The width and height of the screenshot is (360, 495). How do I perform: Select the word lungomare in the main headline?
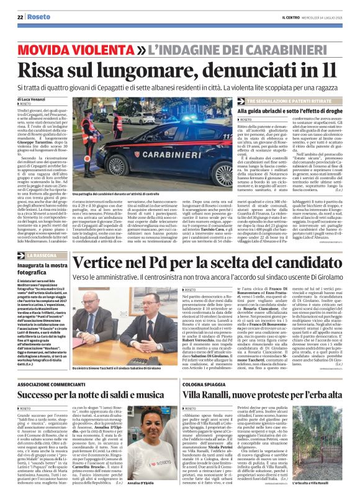[x=142, y=69]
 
